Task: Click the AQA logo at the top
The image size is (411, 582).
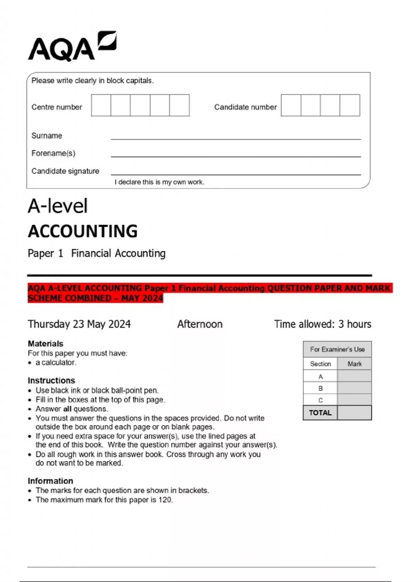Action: (x=72, y=46)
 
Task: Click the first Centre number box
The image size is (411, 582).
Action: (x=101, y=105)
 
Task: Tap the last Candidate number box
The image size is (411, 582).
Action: (x=350, y=105)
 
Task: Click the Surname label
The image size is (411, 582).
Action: (x=47, y=136)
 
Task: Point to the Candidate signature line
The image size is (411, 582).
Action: (x=236, y=174)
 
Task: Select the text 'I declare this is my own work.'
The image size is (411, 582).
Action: (x=159, y=182)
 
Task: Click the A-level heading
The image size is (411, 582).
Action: (x=58, y=206)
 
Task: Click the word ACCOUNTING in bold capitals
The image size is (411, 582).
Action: (x=83, y=231)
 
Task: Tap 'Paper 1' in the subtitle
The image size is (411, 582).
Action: (x=45, y=253)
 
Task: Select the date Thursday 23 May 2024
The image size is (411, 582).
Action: (x=79, y=324)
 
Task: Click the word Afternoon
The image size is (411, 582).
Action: (x=200, y=324)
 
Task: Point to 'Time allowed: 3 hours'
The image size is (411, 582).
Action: (x=322, y=324)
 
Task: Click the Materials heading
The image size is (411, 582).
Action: (x=45, y=343)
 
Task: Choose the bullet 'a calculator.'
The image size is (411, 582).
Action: (x=56, y=363)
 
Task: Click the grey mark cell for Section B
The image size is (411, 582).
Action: (x=354, y=388)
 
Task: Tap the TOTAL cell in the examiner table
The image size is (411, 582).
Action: (x=320, y=413)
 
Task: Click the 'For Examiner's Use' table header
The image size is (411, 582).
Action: (x=337, y=349)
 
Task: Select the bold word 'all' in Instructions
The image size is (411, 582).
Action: (x=67, y=409)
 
